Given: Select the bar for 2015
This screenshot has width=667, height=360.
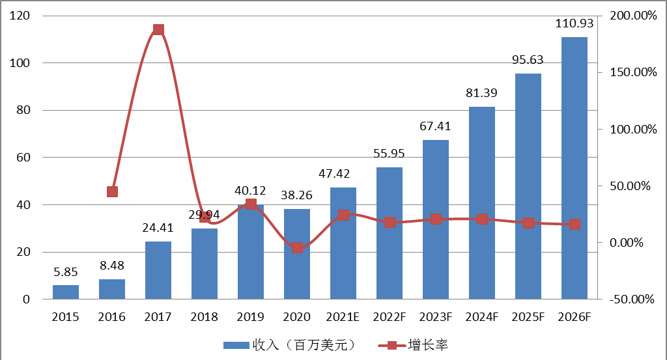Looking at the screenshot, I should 66,292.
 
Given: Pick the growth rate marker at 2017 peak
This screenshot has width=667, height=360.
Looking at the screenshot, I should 158,30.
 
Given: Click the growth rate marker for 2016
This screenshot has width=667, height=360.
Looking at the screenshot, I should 112,191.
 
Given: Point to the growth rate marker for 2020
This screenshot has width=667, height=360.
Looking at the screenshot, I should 297,247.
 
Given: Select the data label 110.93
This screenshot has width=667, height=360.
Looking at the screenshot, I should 574,24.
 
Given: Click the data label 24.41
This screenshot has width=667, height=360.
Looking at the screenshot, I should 158,228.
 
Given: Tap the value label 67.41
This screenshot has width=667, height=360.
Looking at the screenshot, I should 436,126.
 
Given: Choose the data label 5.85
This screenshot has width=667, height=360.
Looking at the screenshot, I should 66,271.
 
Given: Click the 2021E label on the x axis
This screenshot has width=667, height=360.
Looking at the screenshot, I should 343,317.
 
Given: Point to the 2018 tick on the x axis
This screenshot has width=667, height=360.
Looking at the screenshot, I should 205,317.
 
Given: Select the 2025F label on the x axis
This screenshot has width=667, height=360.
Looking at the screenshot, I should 528,317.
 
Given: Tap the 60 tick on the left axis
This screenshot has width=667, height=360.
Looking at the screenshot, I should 22,158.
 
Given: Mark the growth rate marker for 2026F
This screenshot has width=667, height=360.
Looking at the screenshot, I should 575,224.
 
